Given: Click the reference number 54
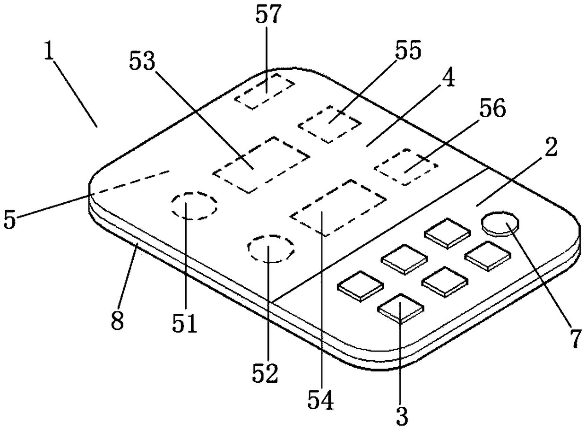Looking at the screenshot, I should point(321,400).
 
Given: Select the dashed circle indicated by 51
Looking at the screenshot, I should point(194,206).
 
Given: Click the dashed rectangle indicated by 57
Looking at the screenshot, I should point(265,91).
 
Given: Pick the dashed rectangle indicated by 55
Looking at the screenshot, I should point(329,124).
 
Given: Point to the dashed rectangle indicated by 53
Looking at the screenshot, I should point(261,164).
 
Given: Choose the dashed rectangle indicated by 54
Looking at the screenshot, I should point(338,207).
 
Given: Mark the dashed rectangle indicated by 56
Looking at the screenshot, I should point(405,166).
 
